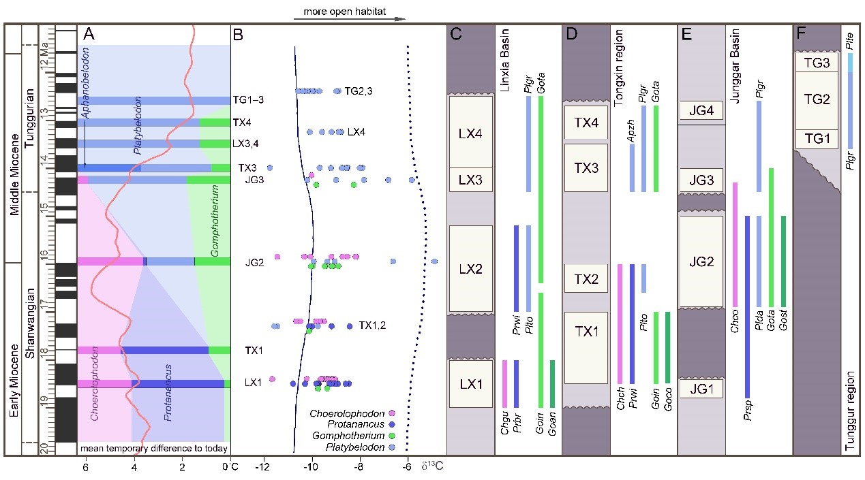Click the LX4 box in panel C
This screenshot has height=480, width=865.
(470, 131)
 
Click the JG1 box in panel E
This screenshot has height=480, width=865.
(701, 389)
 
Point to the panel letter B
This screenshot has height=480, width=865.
(238, 35)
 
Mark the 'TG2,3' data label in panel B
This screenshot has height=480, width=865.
(359, 91)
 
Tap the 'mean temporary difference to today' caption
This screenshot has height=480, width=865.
(153, 448)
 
